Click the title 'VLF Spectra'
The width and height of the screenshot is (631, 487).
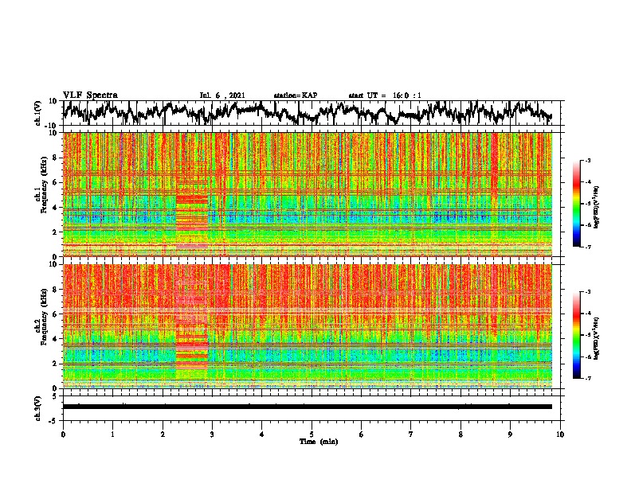point(90,95)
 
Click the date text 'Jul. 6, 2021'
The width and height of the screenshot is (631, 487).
point(222,95)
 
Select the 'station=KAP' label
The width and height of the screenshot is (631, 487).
point(295,95)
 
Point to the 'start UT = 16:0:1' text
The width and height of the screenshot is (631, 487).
point(385,95)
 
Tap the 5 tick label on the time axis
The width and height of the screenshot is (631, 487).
point(312,434)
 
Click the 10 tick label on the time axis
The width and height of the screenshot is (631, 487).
point(560,434)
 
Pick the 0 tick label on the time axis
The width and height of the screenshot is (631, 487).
point(63,434)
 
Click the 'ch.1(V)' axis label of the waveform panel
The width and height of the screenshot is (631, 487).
point(38,113)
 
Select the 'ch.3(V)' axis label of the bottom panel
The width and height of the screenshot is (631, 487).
point(38,407)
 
